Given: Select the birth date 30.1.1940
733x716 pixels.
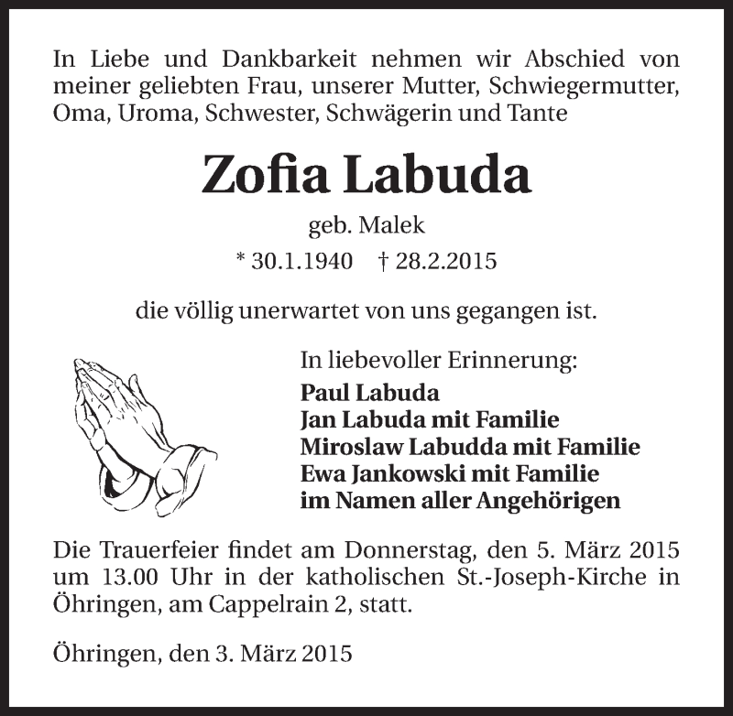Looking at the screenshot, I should (x=294, y=262).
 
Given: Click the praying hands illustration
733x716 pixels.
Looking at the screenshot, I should (x=137, y=426).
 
